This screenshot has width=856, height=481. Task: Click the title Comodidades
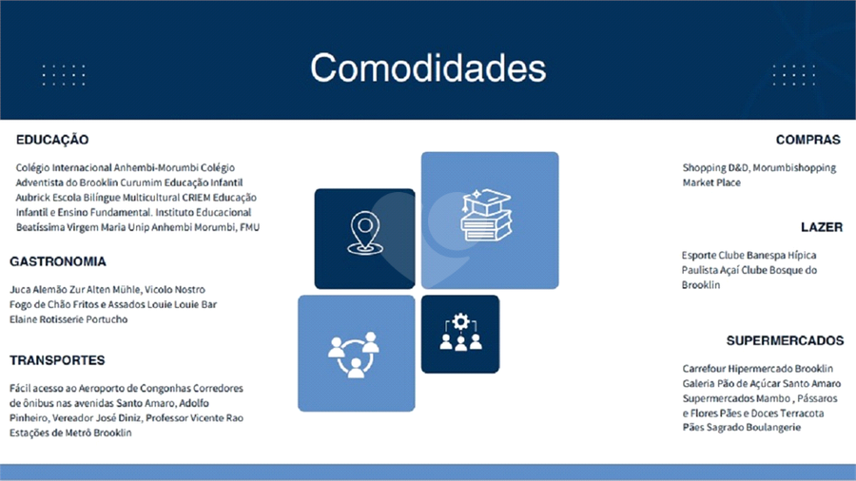[x=428, y=67]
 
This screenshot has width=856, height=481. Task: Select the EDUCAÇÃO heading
[x=52, y=140]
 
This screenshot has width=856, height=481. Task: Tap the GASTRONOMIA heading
[x=58, y=261]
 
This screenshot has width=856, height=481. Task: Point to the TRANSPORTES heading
[x=57, y=360]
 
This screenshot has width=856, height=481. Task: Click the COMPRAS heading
[x=807, y=140]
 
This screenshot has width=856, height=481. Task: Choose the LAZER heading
[x=822, y=227]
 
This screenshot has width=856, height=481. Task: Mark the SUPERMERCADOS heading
[x=785, y=340]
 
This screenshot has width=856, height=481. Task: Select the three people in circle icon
[x=354, y=354]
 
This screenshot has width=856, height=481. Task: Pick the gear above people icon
[x=460, y=332]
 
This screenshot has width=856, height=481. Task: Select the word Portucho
[x=107, y=319]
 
